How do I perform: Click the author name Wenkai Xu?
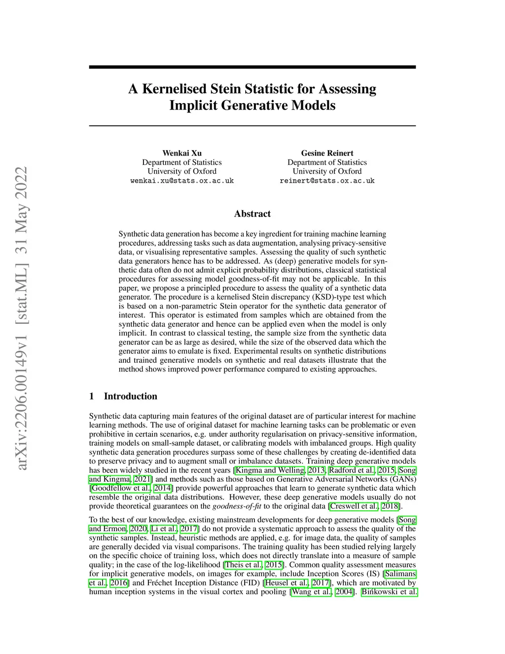[x=182, y=153]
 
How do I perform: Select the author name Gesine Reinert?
[x=327, y=153]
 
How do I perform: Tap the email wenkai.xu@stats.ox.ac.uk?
[x=182, y=181]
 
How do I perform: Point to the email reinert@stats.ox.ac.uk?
[x=327, y=181]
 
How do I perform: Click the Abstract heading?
[x=252, y=214]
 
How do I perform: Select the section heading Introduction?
[x=130, y=396]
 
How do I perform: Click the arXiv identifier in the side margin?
[x=22, y=318]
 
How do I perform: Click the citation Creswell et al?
[x=354, y=506]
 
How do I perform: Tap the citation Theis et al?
[x=244, y=565]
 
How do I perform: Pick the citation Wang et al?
[x=312, y=592]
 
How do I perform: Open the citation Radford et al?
[x=352, y=470]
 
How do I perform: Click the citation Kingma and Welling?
[x=270, y=470]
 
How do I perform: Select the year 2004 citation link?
[x=344, y=592]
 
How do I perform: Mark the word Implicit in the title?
[x=193, y=106]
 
